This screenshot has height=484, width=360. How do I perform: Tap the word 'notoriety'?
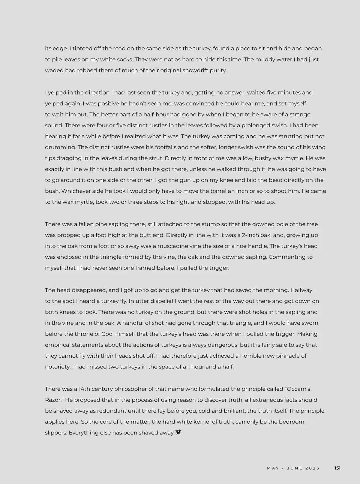click(57, 367)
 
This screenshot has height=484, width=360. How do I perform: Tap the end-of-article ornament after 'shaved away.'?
click(178, 432)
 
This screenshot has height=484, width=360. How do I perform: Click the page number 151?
click(337, 468)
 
